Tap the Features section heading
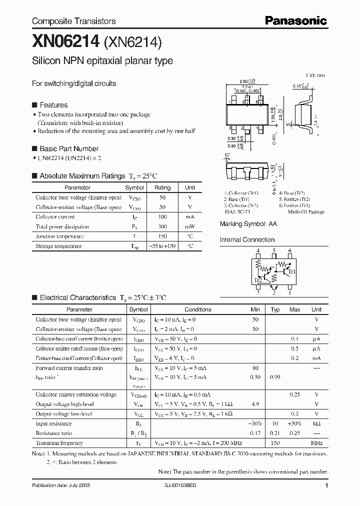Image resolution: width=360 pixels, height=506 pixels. click(53, 105)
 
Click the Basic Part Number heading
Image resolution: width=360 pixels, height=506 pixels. click(68, 148)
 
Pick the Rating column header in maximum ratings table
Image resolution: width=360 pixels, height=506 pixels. click(162, 187)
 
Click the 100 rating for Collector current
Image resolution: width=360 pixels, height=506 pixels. click(162, 217)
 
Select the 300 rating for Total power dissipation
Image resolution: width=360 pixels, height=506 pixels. click(162, 226)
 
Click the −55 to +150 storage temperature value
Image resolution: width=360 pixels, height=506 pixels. click(162, 246)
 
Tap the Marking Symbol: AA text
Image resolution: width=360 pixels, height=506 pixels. click(248, 224)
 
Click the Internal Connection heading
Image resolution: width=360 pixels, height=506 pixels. click(247, 240)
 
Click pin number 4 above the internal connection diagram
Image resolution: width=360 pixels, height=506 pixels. click(258, 250)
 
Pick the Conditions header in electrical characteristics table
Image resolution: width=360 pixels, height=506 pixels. click(198, 309)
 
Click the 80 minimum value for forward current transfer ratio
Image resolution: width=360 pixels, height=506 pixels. click(255, 368)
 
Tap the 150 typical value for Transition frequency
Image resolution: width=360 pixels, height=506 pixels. click(275, 443)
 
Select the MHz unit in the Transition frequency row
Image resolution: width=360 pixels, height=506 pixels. click(316, 443)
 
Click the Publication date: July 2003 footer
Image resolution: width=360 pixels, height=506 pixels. click(61, 485)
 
